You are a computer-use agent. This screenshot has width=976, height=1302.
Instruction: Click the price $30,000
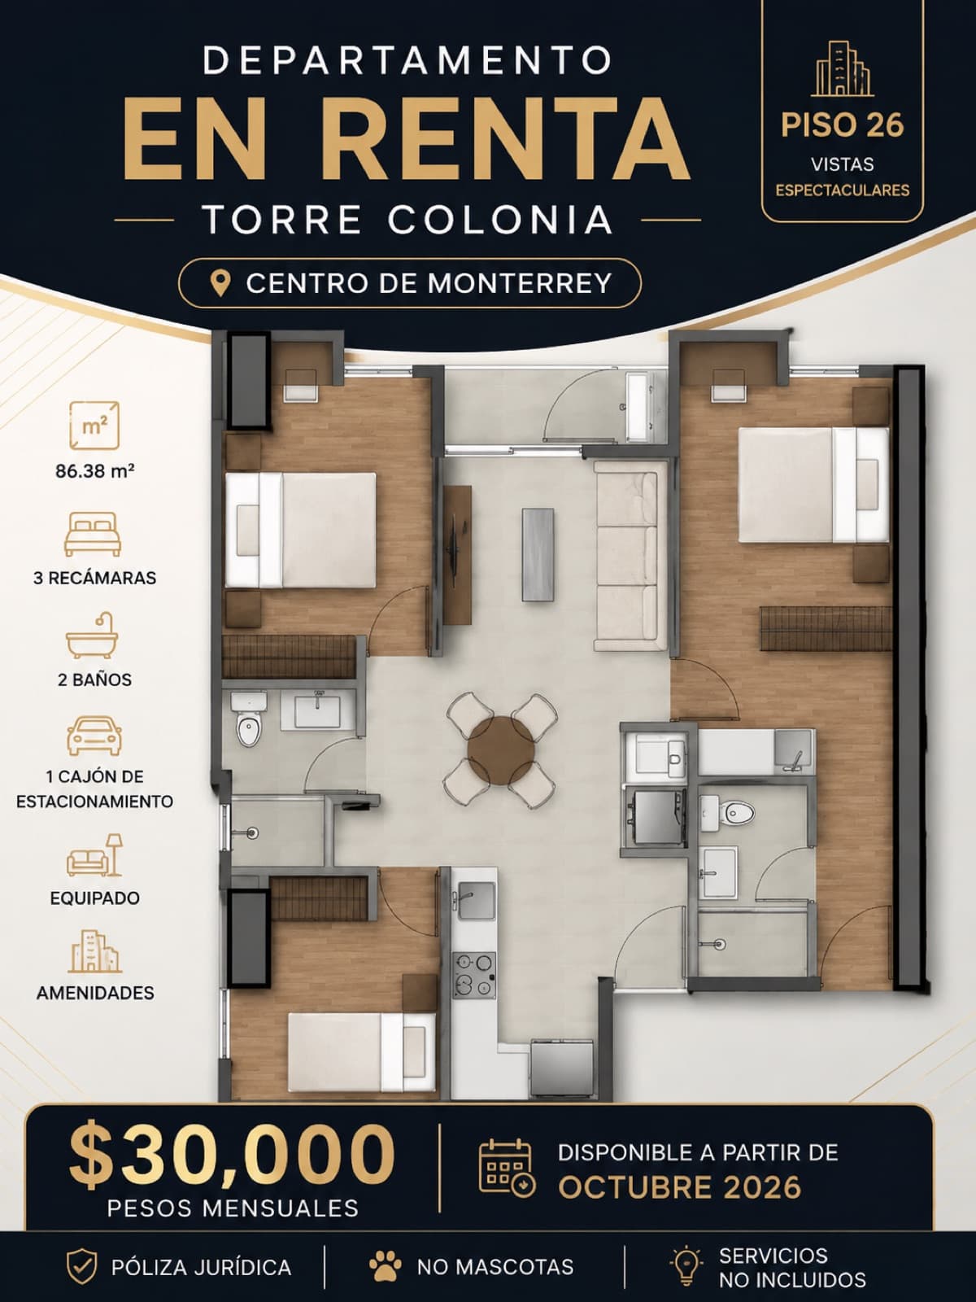point(232,1154)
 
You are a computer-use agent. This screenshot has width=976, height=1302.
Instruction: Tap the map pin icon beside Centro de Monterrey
point(220,283)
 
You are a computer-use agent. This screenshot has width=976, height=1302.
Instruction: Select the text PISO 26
point(842,125)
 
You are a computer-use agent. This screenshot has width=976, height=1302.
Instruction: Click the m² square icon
point(94,426)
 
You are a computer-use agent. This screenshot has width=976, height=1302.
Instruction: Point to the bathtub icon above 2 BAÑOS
point(93,636)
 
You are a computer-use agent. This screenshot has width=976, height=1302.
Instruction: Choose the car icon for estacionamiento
point(94,736)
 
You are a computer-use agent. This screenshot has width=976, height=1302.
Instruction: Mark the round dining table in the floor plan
point(501,751)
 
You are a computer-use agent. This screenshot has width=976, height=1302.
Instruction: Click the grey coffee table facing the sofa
point(538,555)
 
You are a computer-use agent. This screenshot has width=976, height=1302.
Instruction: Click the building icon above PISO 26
point(842,69)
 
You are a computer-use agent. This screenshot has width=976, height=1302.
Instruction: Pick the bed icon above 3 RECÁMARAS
point(93,534)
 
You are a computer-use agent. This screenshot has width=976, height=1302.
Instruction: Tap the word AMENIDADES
point(95,993)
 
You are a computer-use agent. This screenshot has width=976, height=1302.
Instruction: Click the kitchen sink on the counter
point(476,901)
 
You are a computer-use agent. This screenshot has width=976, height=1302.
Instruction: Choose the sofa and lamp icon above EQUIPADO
point(95,854)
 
